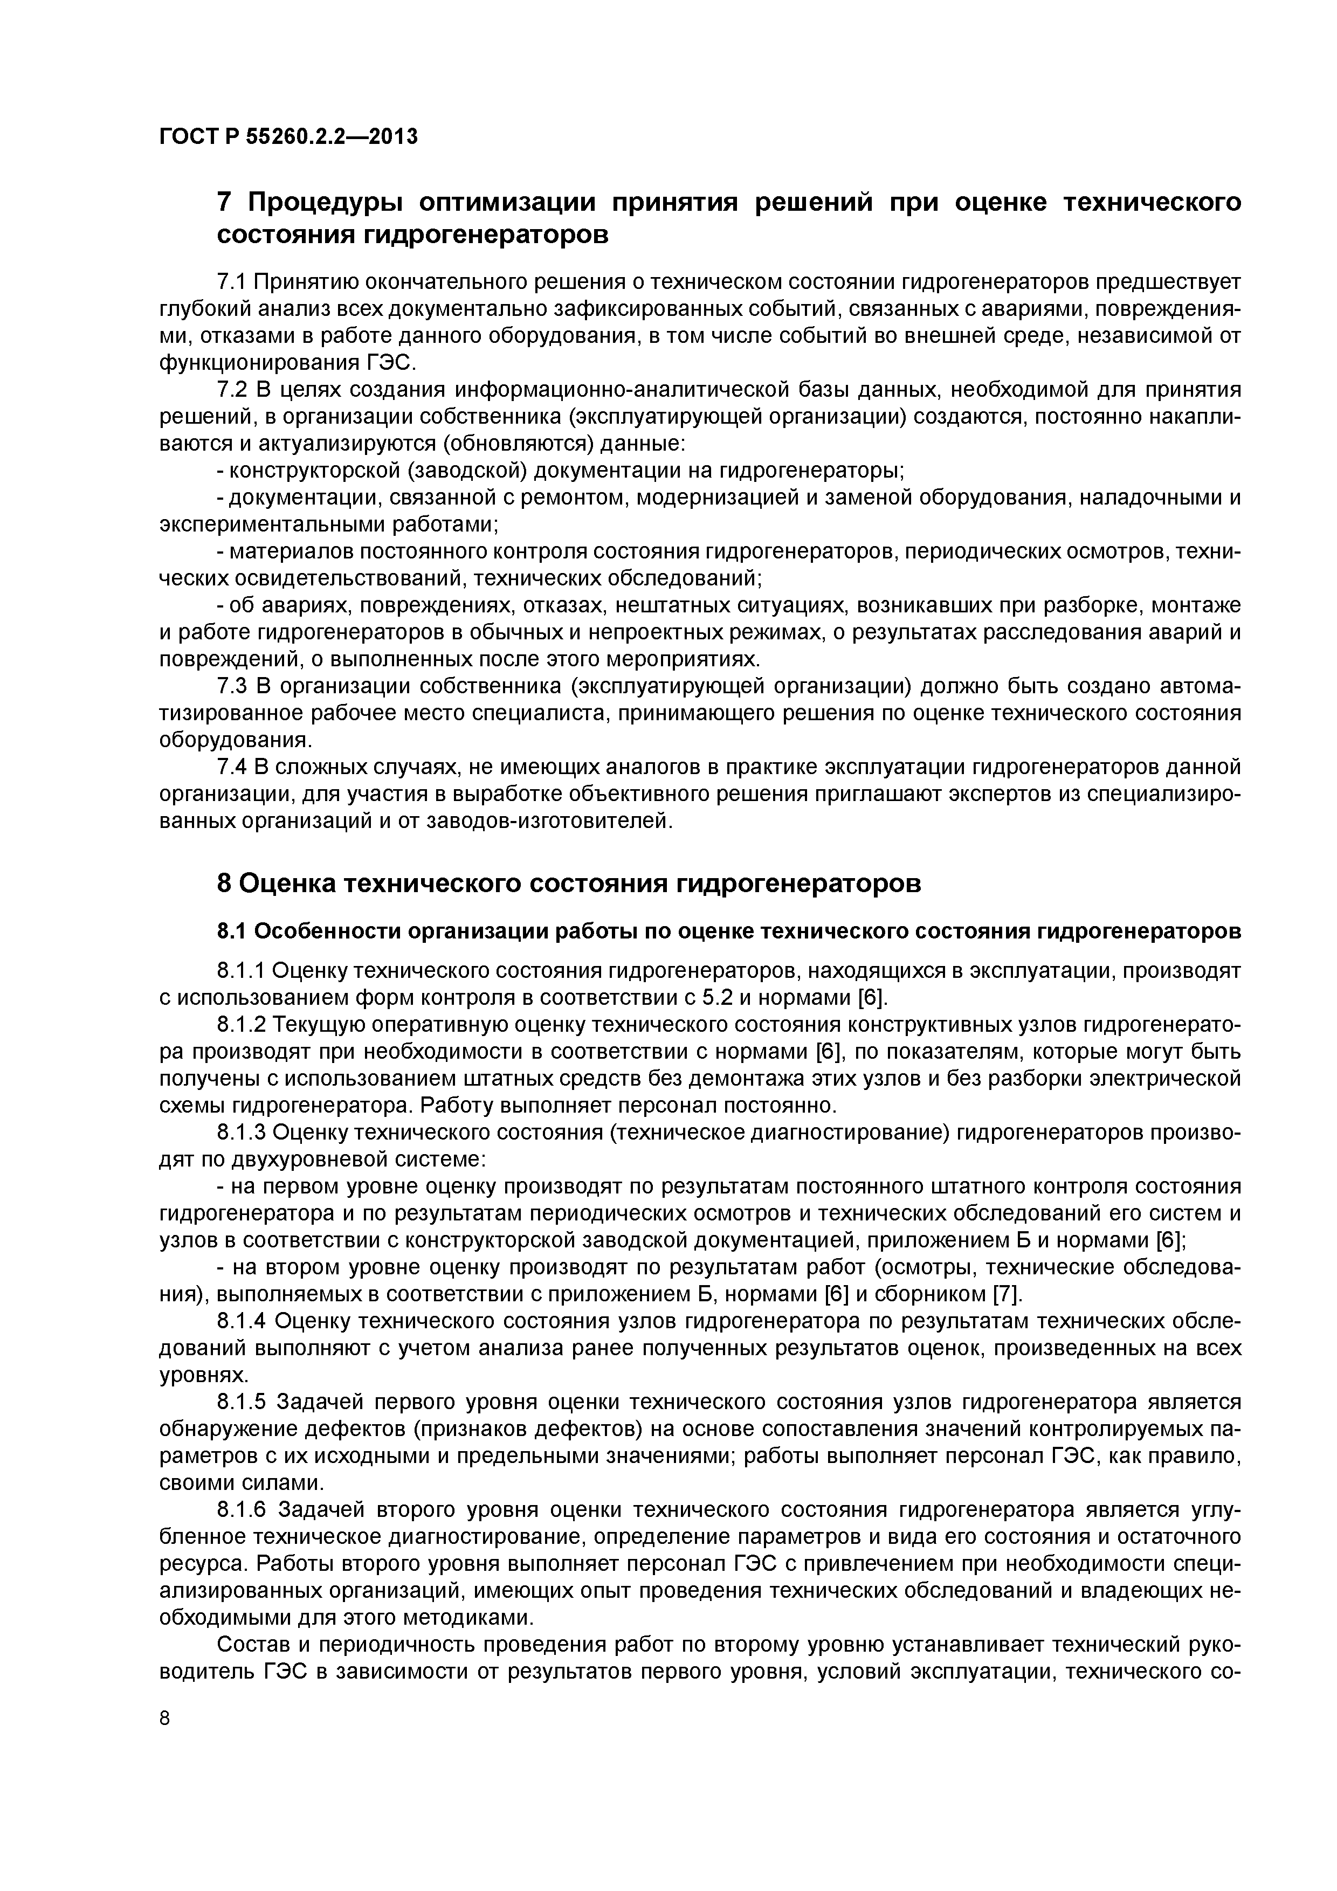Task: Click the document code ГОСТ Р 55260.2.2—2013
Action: (x=288, y=136)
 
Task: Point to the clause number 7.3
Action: (x=232, y=686)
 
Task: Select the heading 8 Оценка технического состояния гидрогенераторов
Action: (x=568, y=884)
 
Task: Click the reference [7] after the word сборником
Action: (x=1007, y=1295)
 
